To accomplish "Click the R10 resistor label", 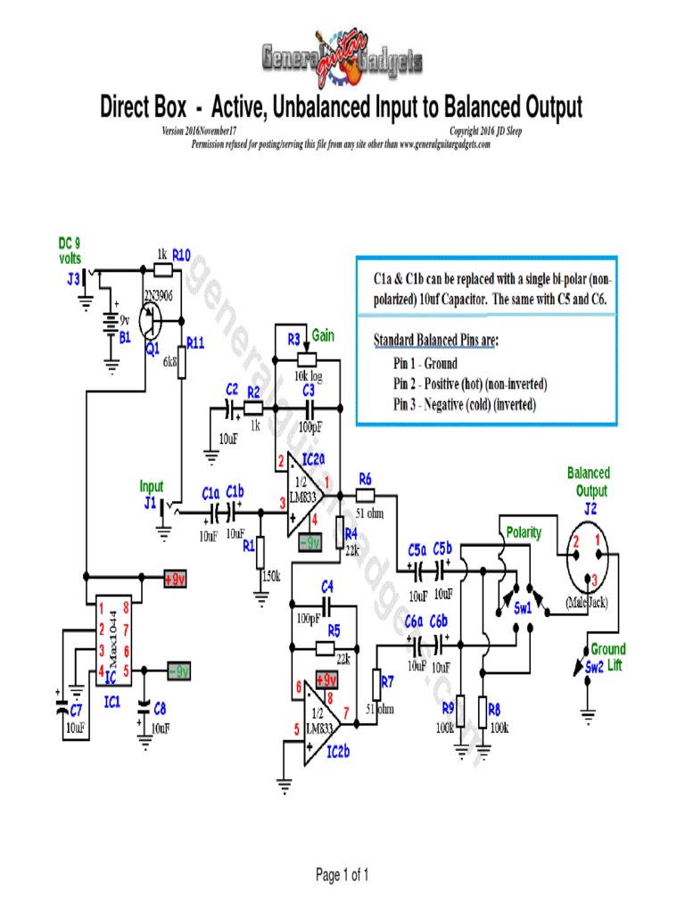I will click(x=181, y=254).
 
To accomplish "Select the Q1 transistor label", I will click(x=153, y=350).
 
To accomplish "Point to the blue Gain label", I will click(x=322, y=335).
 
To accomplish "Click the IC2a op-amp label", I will click(x=314, y=458).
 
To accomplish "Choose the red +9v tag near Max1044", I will click(x=175, y=579).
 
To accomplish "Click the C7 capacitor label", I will click(x=76, y=711).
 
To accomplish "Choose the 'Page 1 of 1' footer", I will click(x=342, y=875).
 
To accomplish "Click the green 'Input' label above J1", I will click(x=152, y=486).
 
